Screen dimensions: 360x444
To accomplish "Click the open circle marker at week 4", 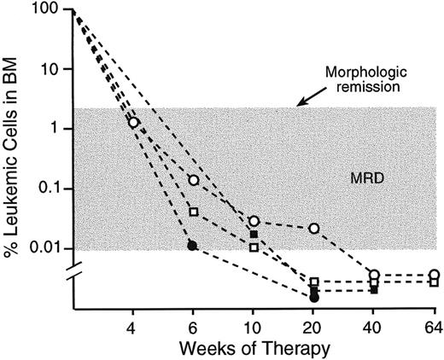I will (133, 122).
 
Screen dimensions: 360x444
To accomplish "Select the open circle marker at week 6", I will (194, 180).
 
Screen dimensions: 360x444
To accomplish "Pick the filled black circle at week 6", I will (193, 246).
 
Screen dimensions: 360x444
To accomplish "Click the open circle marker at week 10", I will (254, 221).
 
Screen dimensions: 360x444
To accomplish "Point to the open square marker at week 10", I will (254, 247).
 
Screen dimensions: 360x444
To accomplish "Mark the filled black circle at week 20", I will (314, 298).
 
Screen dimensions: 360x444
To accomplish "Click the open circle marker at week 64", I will (435, 275).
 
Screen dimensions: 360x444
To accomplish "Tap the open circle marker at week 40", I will (375, 275).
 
